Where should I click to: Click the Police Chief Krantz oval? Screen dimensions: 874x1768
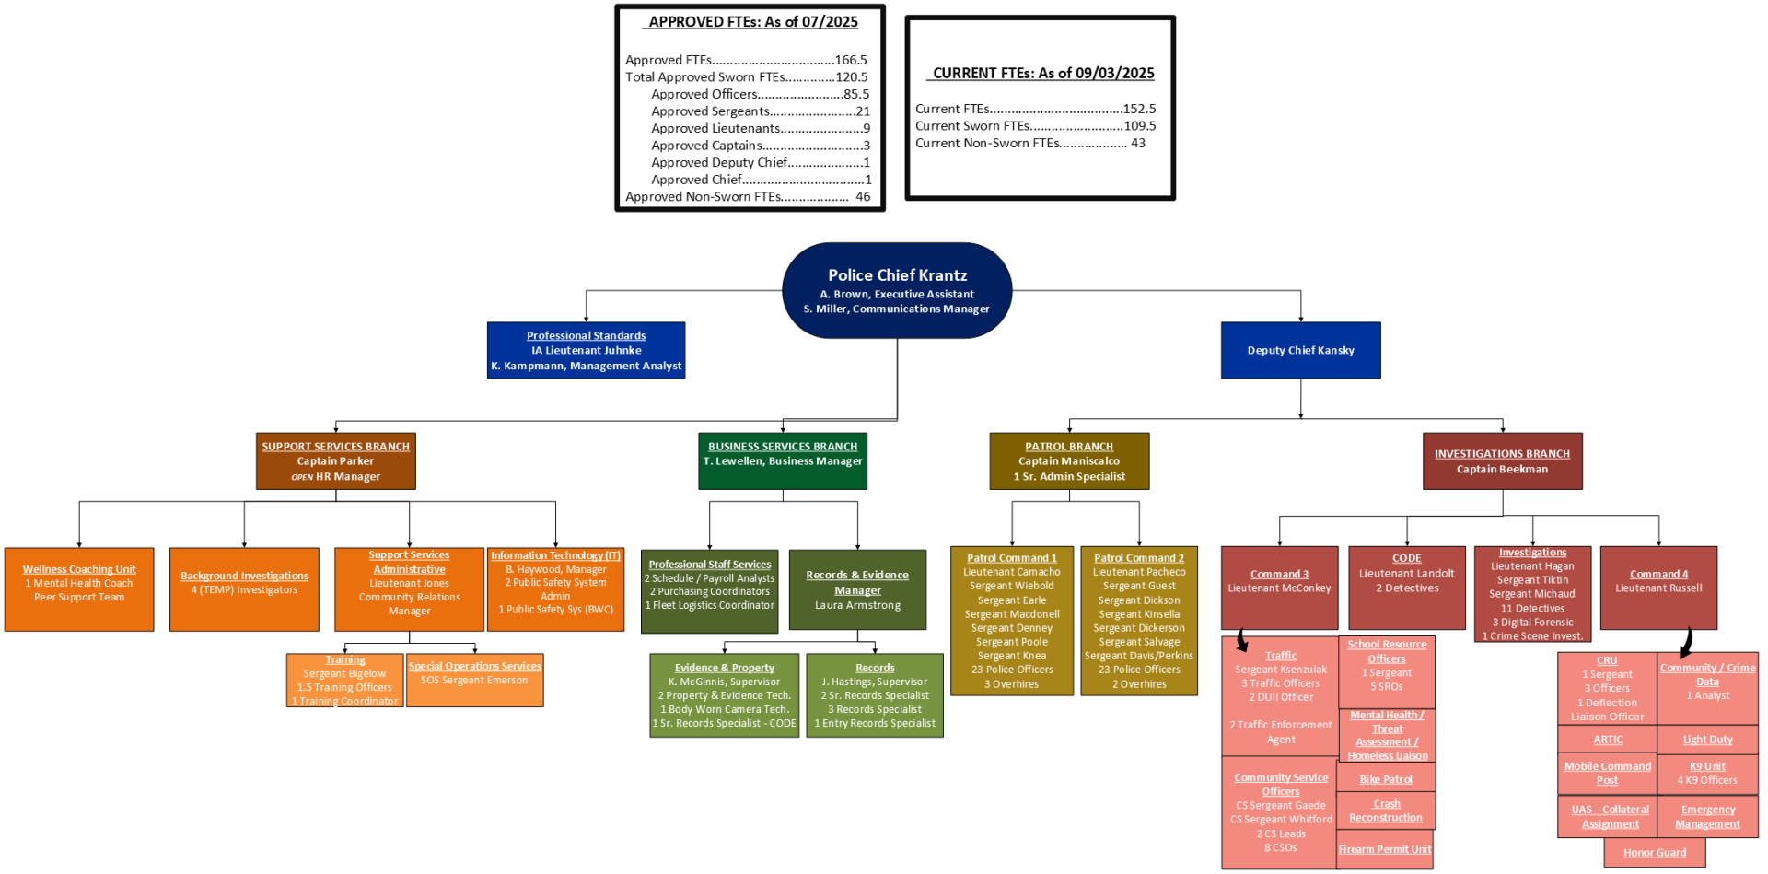pyautogui.click(x=896, y=290)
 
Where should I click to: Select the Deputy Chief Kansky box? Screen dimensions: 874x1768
pyautogui.click(x=1300, y=350)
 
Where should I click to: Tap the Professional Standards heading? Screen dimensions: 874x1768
pyautogui.click(x=586, y=335)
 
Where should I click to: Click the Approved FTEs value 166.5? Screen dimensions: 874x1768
pyautogui.click(x=851, y=60)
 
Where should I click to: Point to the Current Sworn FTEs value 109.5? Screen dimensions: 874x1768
pyautogui.click(x=1139, y=126)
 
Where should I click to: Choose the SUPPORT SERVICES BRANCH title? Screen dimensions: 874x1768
pyautogui.click(x=335, y=447)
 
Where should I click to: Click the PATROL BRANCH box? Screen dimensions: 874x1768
pyautogui.click(x=1069, y=460)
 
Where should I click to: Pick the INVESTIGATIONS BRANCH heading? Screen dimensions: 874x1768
pyautogui.click(x=1502, y=454)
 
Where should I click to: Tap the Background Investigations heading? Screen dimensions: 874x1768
pyautogui.click(x=244, y=576)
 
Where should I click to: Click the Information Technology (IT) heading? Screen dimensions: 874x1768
pyautogui.click(x=555, y=555)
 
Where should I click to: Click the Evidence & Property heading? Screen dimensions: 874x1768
pyautogui.click(x=724, y=668)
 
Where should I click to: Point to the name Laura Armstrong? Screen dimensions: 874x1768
pyautogui.click(x=857, y=605)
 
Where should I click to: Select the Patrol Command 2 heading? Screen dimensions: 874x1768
pyautogui.click(x=1139, y=557)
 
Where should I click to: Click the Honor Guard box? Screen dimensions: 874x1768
pyautogui.click(x=1654, y=853)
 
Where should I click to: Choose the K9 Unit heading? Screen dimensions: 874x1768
pyautogui.click(x=1707, y=766)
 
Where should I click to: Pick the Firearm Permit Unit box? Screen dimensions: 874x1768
pyautogui.click(x=1385, y=849)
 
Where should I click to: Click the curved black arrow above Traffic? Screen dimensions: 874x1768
pyautogui.click(x=1242, y=640)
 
